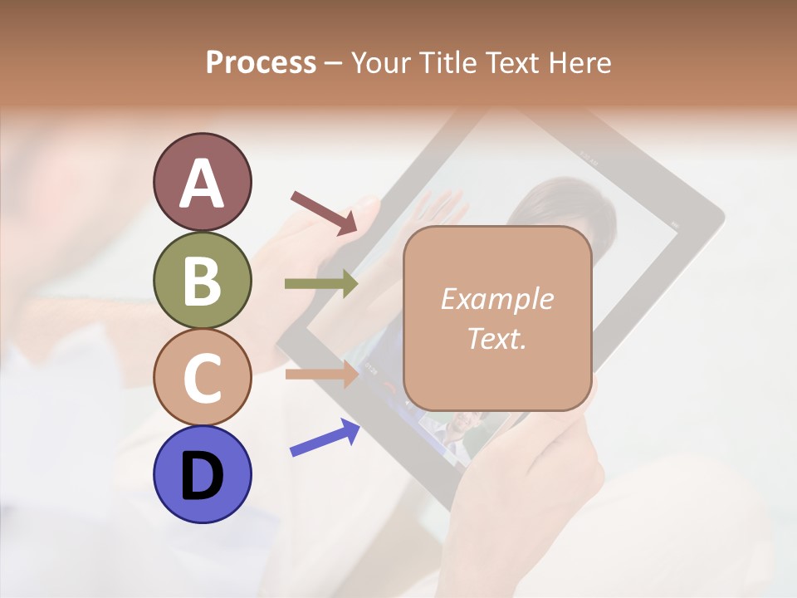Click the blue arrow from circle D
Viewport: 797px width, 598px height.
pos(325,438)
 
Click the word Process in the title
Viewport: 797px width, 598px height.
pos(261,62)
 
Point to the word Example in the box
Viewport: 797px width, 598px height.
pos(496,299)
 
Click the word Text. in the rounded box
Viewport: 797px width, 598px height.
pos(496,338)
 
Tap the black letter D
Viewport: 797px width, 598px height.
pos(203,477)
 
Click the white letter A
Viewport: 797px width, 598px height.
pos(203,184)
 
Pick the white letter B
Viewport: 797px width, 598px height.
pos(203,282)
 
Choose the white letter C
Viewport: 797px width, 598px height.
pos(203,378)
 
